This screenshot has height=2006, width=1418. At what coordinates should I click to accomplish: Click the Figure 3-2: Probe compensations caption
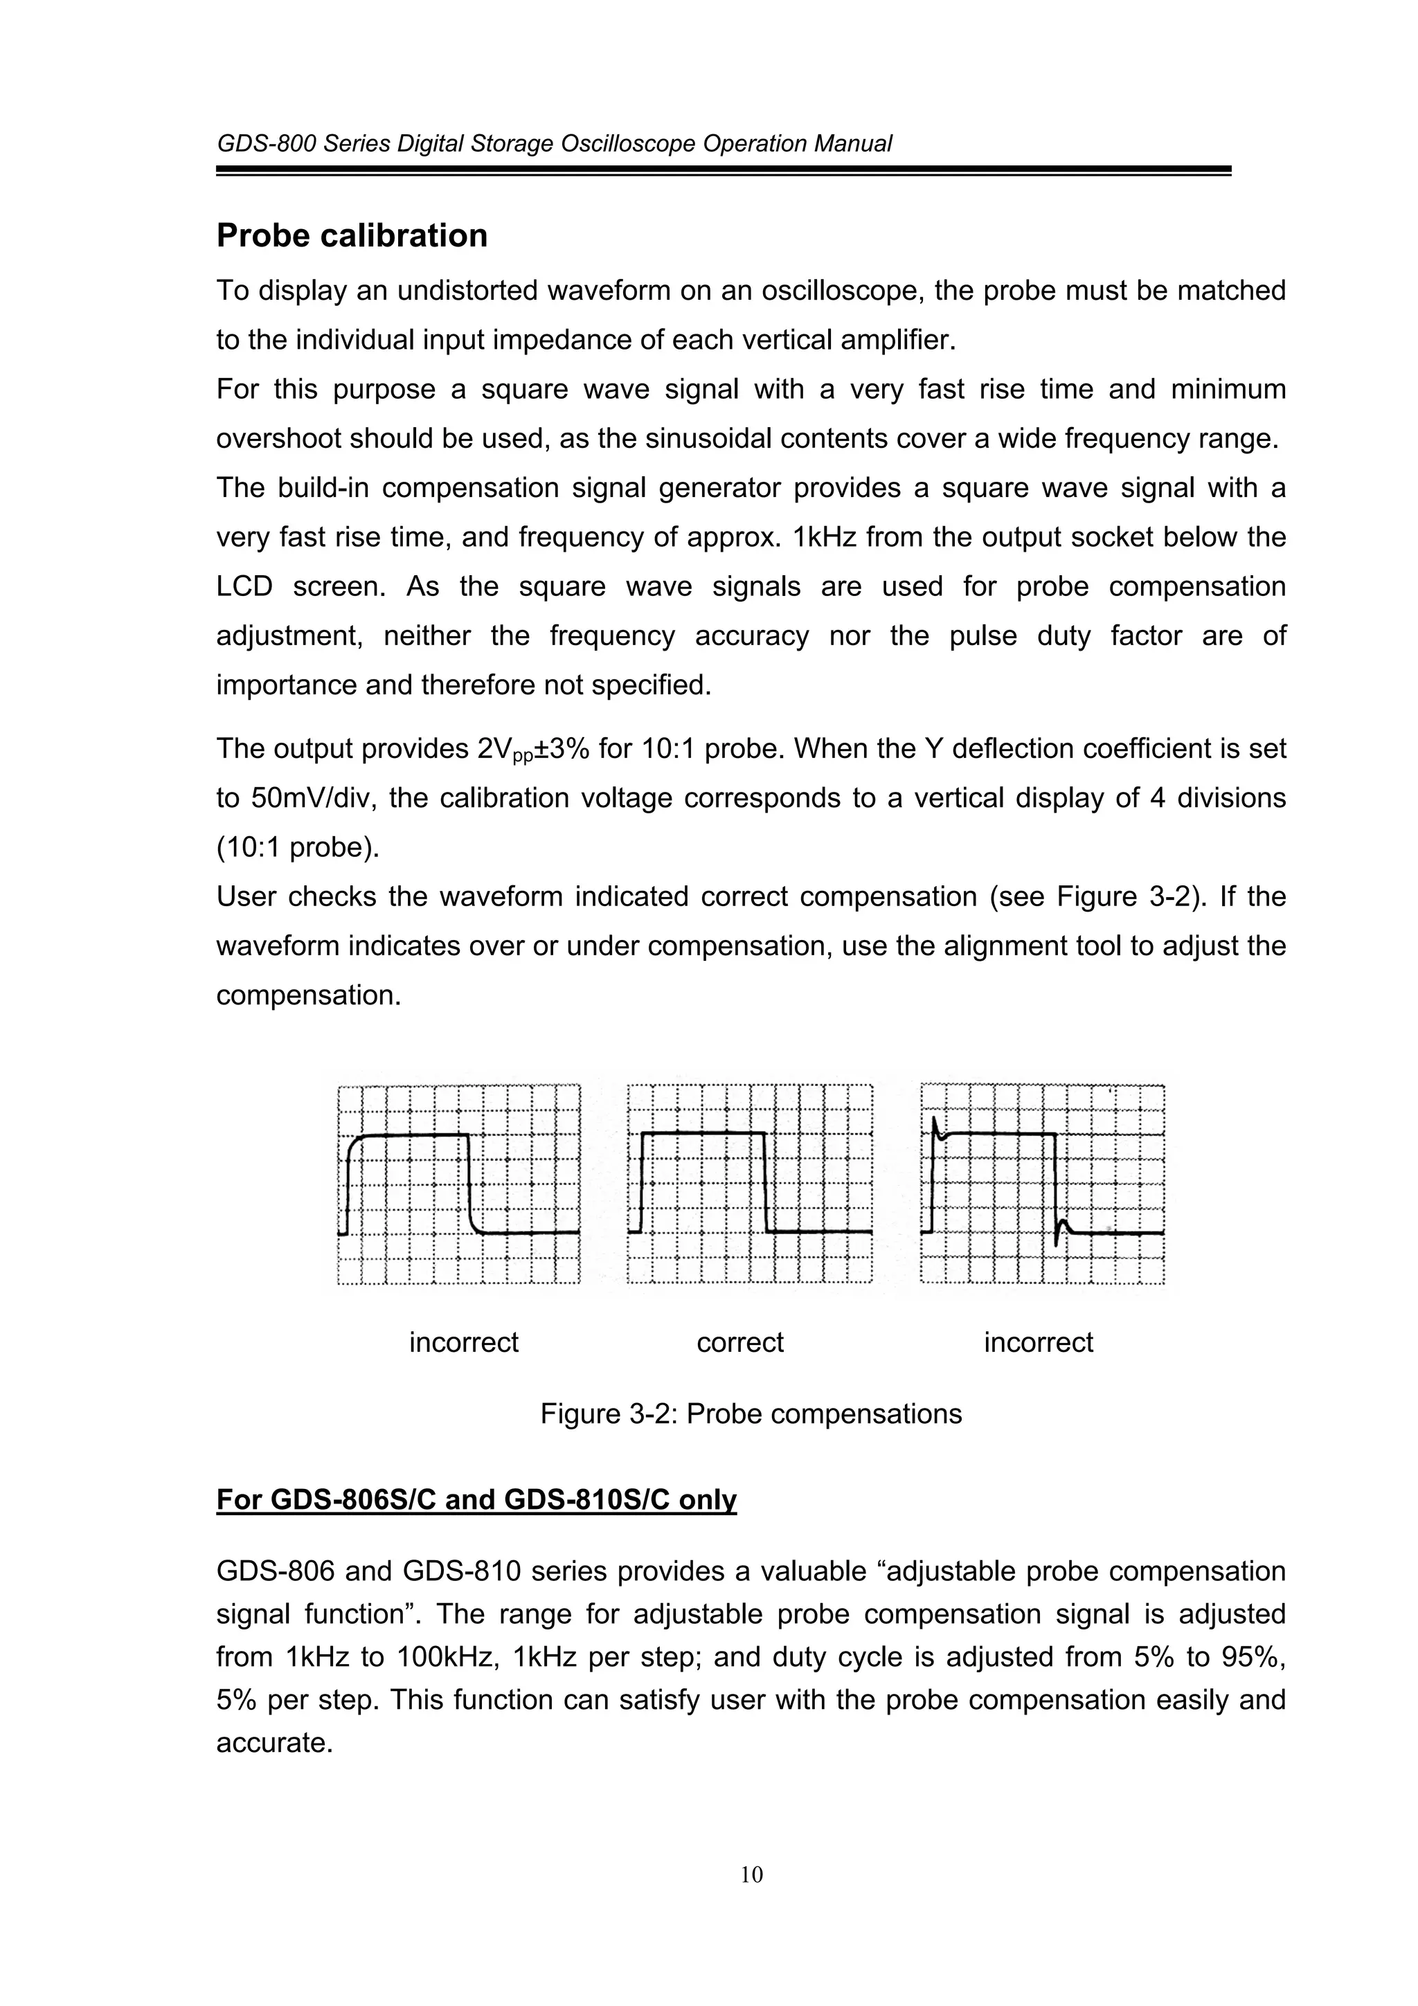click(x=751, y=1413)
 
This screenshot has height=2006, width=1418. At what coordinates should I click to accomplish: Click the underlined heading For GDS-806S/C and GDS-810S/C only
click(x=476, y=1499)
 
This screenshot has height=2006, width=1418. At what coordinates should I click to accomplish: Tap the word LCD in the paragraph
click(x=244, y=586)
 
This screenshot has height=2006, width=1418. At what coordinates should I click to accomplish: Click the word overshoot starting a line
click(x=279, y=439)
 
